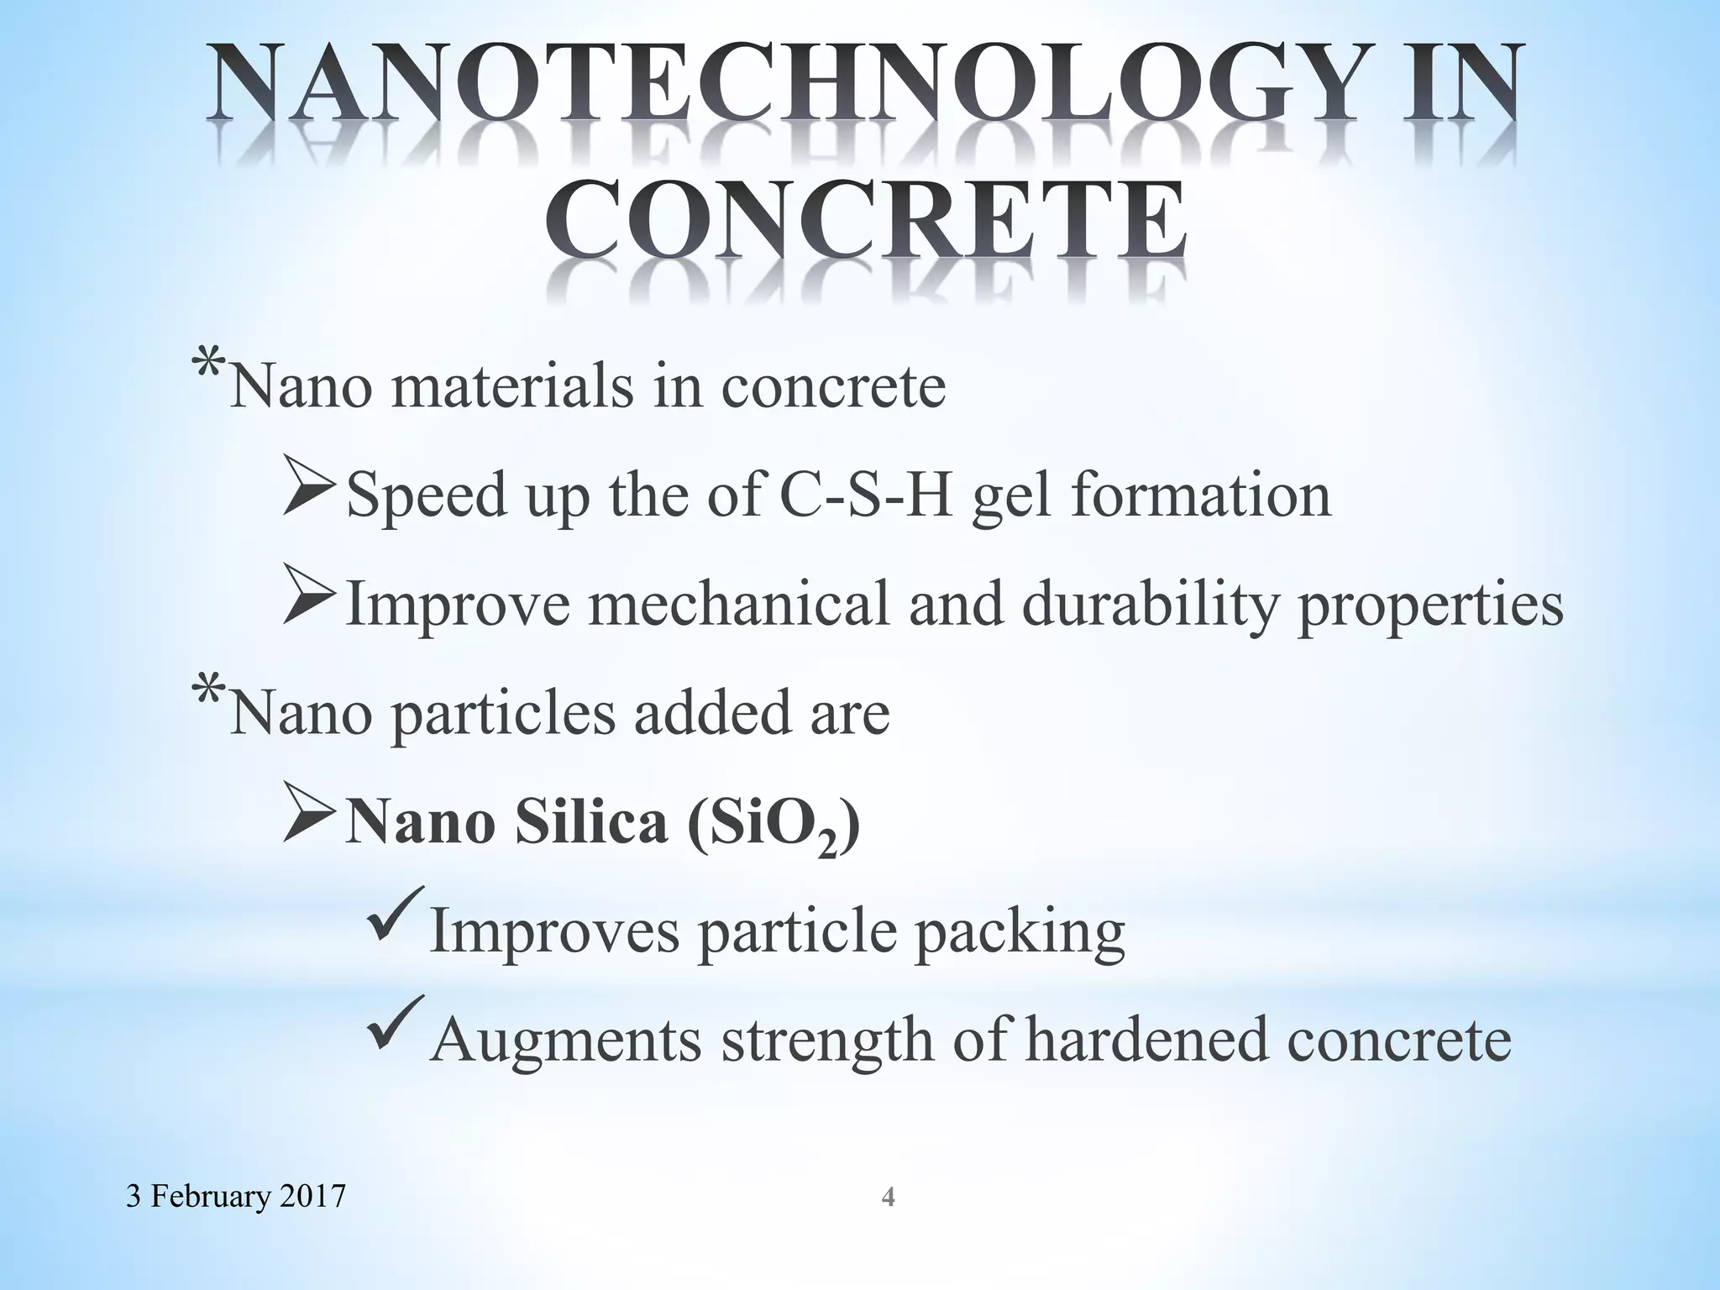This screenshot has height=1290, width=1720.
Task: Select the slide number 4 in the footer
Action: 888,1197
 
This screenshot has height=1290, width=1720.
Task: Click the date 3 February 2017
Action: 236,1195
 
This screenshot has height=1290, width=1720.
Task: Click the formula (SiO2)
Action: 773,825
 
